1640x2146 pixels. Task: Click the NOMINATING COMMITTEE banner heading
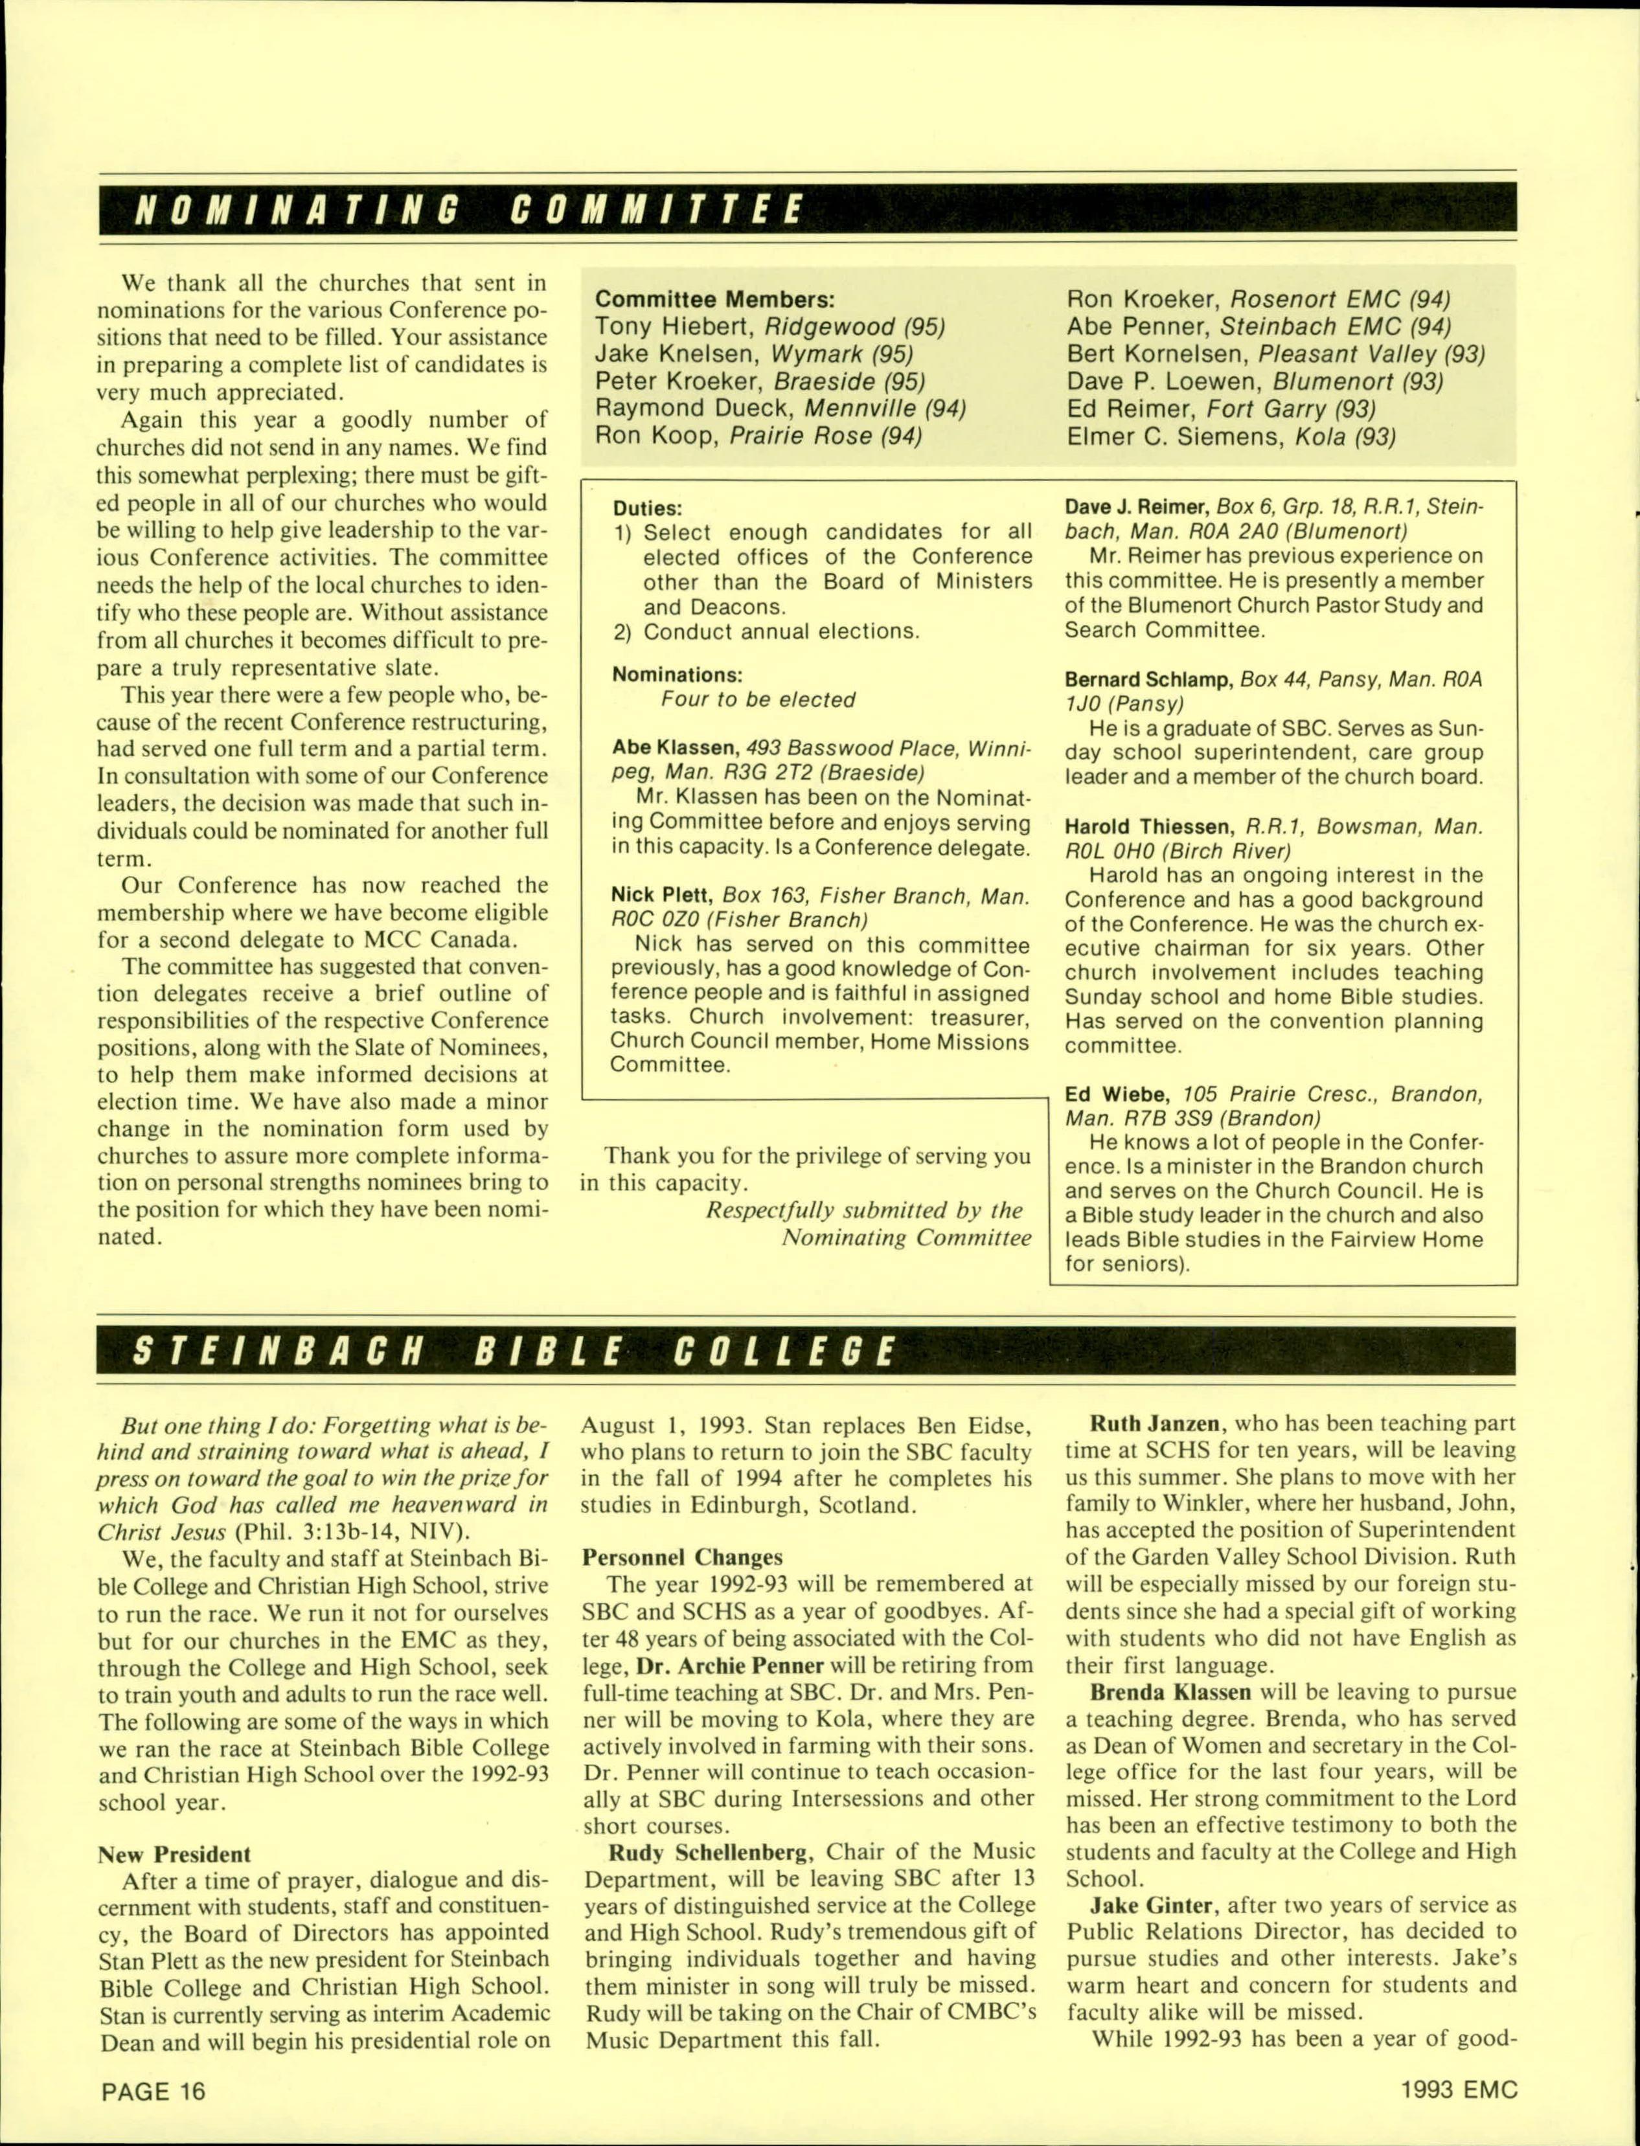468,210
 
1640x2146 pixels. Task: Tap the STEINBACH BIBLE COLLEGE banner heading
512,1351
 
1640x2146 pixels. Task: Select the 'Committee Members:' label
714,300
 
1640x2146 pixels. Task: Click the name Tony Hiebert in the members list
676,327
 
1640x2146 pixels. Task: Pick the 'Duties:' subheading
647,508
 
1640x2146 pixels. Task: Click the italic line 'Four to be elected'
758,700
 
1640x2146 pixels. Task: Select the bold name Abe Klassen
674,749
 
